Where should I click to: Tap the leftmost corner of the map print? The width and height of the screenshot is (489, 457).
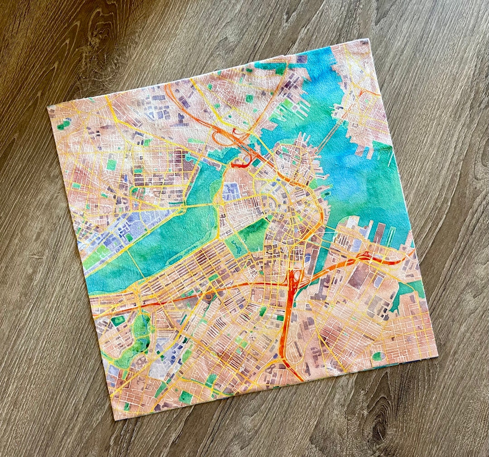[48, 107]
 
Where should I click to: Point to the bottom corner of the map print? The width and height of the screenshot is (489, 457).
[114, 419]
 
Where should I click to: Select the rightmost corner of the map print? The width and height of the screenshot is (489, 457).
[437, 356]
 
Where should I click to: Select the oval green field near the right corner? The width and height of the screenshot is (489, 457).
[377, 356]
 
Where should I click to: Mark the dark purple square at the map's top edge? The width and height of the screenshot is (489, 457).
[302, 59]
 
